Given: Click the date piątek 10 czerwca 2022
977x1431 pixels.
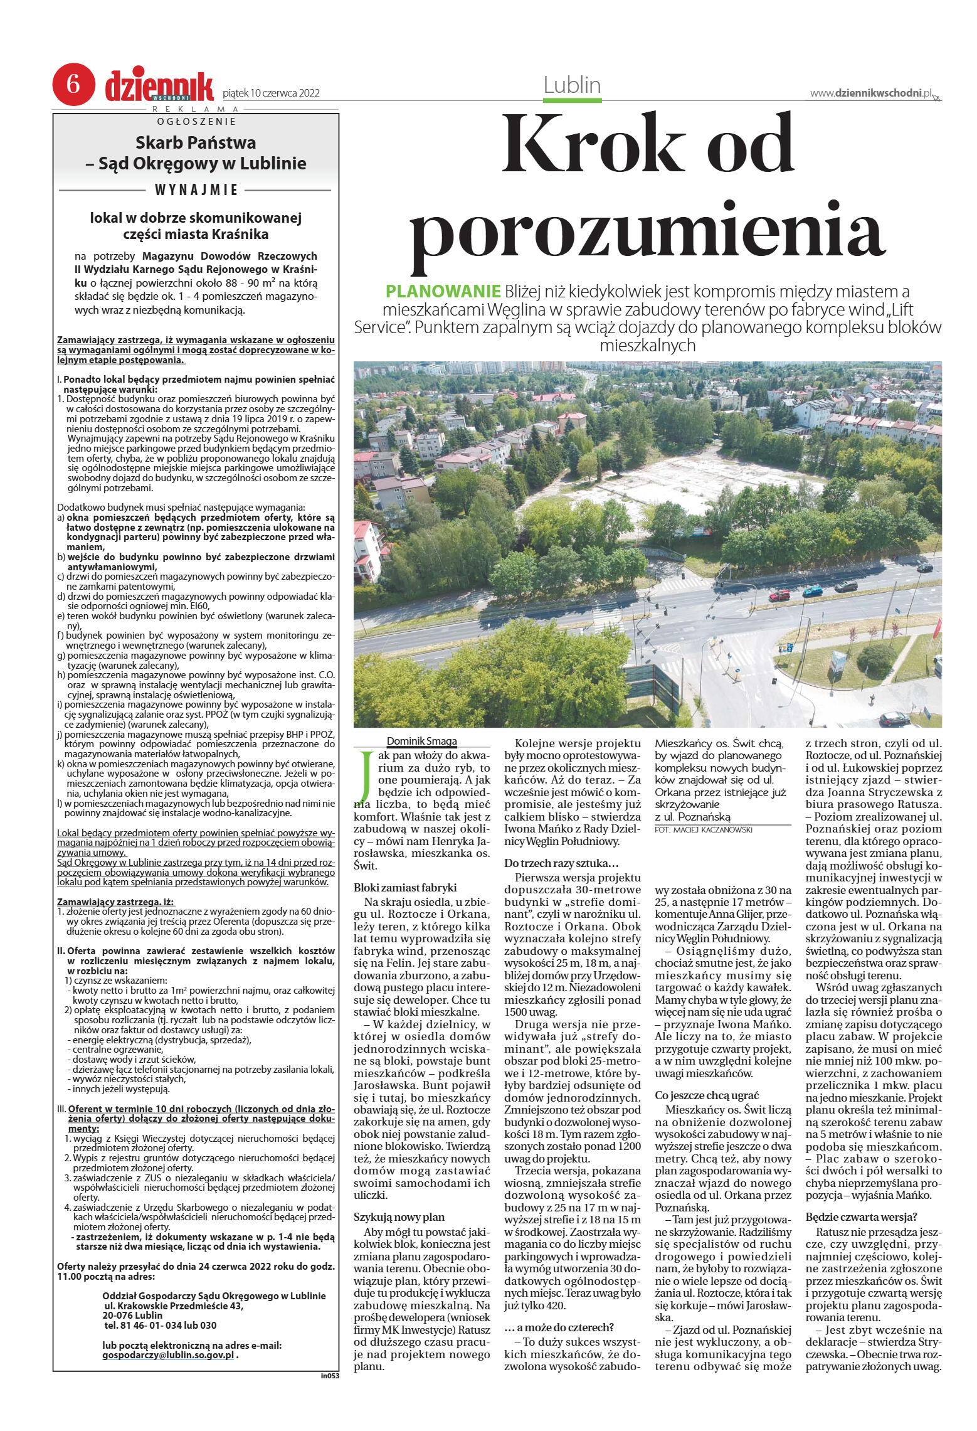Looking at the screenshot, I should coord(271,93).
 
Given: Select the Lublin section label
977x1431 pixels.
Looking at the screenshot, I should coord(572,85).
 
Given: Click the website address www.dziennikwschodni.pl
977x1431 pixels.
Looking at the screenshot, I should coord(870,93).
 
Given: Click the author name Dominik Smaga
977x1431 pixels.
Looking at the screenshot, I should coord(421,741).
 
